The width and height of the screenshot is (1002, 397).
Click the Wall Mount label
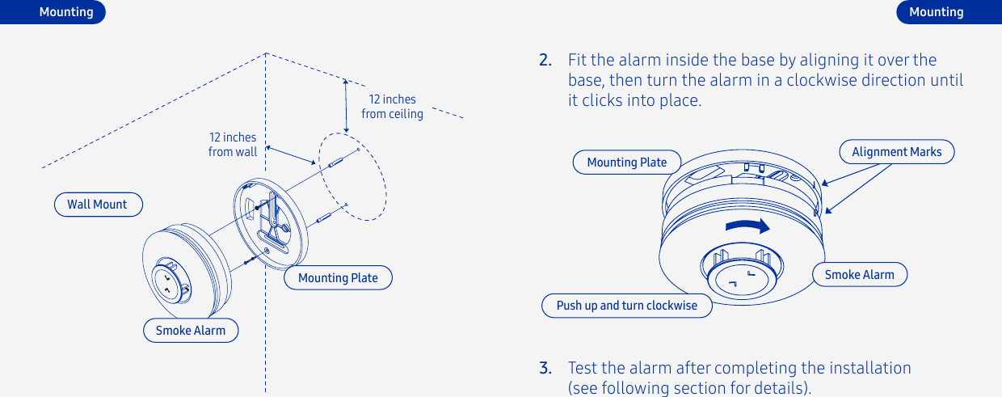98,205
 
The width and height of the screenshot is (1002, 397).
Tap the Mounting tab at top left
66,12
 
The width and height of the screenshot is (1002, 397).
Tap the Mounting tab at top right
936,12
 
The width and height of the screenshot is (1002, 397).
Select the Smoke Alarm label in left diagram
191,331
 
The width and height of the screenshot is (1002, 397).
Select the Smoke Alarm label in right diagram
859,275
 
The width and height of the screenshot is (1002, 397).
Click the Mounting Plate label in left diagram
338,278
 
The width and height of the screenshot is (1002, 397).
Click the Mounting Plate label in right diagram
626,163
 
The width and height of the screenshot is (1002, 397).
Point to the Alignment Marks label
896,152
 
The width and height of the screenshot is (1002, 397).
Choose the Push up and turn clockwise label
626,306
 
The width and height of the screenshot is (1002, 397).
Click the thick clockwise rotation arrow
747,226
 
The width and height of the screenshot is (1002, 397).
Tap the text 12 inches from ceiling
392,107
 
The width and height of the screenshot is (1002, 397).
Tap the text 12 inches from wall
233,145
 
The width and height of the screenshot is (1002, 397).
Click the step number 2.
546,61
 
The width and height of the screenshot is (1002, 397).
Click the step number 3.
546,369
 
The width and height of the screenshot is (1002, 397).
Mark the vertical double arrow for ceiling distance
346,105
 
